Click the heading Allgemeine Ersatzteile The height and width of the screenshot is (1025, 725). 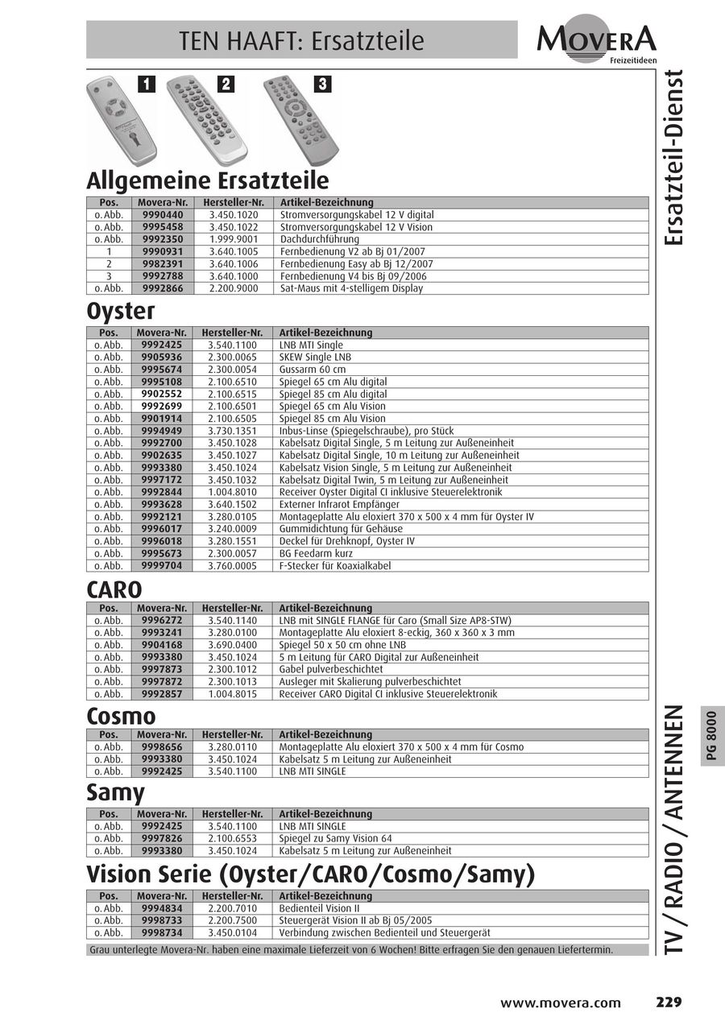208,180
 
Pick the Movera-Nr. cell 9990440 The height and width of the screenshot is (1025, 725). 163,215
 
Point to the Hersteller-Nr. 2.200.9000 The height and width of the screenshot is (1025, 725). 233,288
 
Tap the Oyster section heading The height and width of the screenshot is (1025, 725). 121,311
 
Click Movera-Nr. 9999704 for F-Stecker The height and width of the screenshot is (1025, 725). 163,565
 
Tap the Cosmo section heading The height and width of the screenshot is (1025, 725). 122,715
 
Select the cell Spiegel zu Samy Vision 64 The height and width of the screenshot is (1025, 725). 336,838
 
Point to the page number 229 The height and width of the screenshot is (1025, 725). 668,1002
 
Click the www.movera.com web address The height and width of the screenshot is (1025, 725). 561,1003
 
